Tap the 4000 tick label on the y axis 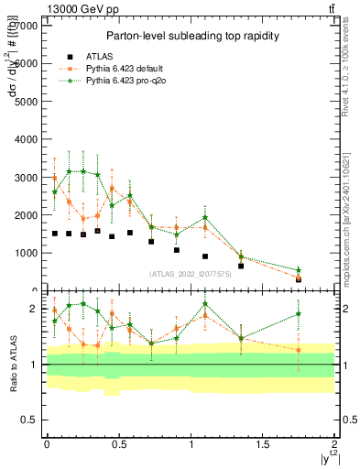point(26,139)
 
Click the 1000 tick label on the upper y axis point(26,253)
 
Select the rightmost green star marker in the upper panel point(299,269)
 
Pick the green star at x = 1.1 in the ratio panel point(205,303)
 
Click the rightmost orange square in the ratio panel point(299,350)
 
